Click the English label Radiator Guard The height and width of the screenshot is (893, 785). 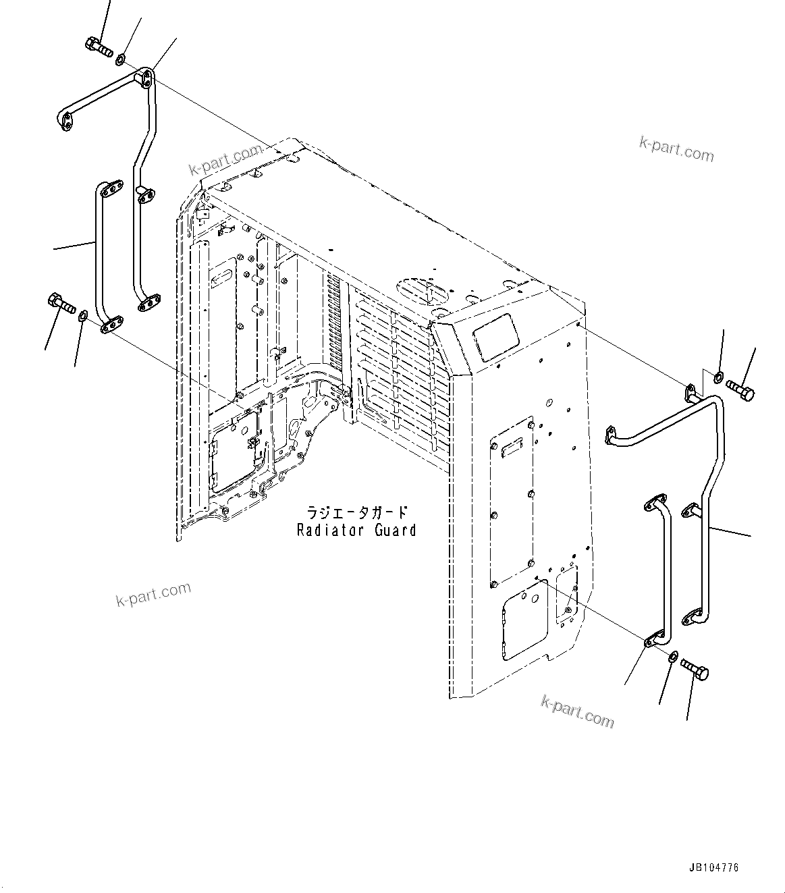(356, 531)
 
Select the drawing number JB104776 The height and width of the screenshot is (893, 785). (713, 867)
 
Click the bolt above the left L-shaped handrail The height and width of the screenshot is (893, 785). (98, 46)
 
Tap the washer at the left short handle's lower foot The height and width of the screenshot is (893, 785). (82, 315)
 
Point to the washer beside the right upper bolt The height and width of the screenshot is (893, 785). (718, 375)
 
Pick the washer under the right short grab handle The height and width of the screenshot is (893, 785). (673, 657)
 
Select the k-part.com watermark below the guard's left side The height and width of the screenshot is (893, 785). (153, 594)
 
